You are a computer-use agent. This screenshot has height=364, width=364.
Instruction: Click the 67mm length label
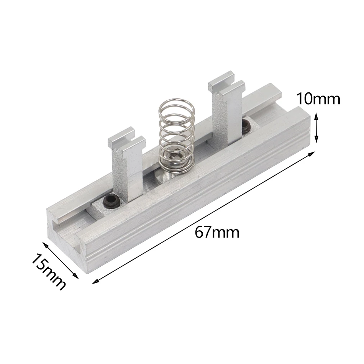(x=217, y=232)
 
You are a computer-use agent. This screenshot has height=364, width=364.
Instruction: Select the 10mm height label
(x=318, y=99)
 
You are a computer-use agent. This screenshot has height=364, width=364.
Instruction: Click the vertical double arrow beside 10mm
(x=316, y=128)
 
